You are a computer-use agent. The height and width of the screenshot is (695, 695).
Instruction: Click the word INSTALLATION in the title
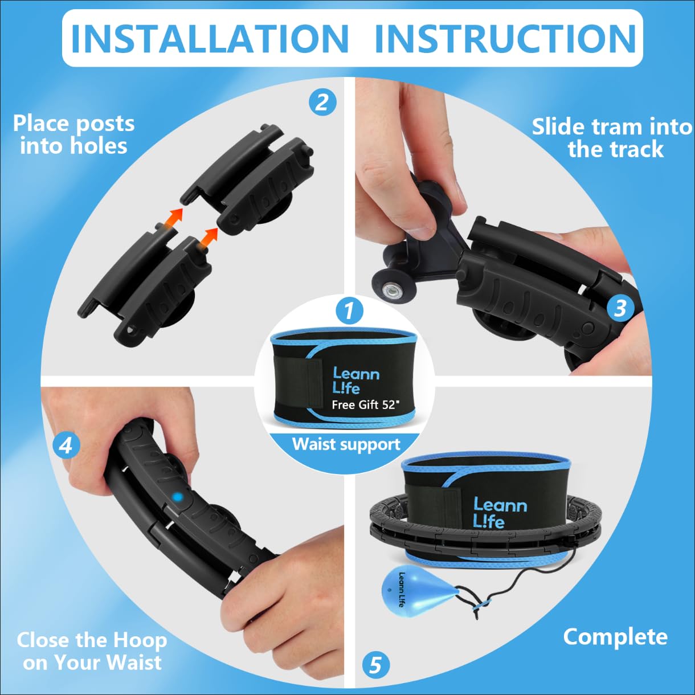click(x=210, y=39)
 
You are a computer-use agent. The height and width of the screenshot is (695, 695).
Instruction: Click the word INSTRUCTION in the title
click(x=506, y=39)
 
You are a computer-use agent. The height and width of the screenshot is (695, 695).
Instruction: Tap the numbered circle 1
click(x=349, y=310)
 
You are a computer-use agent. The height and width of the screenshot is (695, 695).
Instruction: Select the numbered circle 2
click(x=322, y=103)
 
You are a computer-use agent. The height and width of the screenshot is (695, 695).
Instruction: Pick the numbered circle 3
click(x=620, y=308)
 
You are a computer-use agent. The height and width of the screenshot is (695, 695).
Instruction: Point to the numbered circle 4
click(x=66, y=446)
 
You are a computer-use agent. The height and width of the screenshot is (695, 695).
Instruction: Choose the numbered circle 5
click(x=375, y=664)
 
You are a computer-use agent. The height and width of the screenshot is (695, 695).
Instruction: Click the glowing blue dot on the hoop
click(x=177, y=497)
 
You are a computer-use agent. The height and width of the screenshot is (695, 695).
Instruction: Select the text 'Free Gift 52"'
click(x=366, y=404)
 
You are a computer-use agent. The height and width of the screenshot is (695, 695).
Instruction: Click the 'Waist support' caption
click(x=346, y=444)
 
